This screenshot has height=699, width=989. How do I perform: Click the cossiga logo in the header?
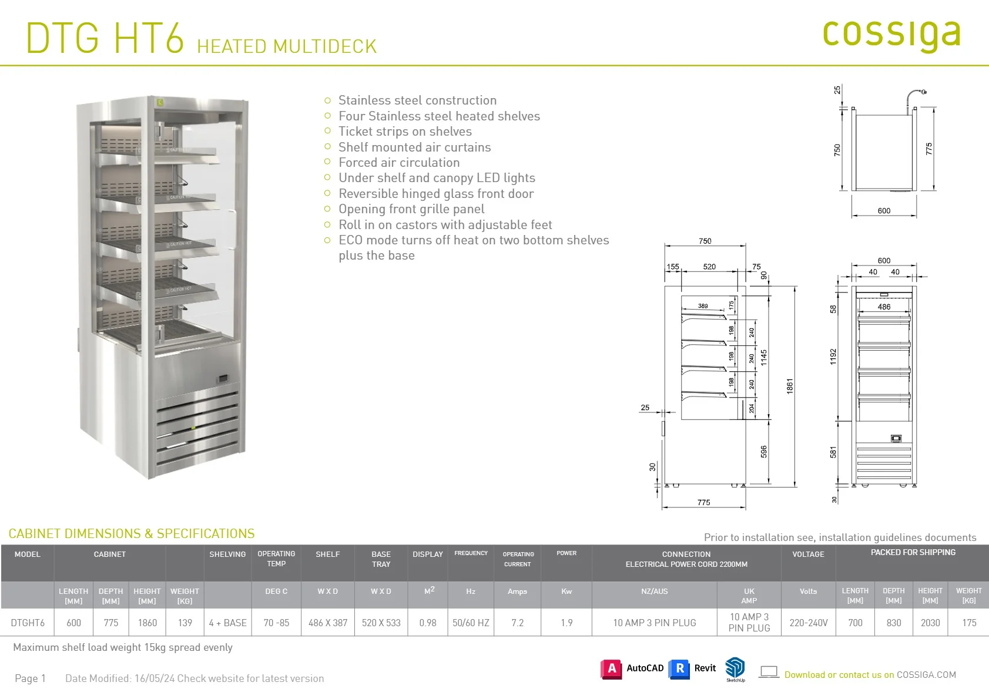coord(891,35)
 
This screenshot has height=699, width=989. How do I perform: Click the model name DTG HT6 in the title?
coord(105,38)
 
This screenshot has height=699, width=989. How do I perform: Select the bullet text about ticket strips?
coord(405,132)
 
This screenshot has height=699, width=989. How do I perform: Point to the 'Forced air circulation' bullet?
coord(398,162)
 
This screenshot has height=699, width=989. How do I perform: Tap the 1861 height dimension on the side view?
coord(789,386)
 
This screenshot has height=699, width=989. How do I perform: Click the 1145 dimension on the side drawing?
coord(763,358)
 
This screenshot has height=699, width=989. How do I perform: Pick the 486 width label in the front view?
coord(884,307)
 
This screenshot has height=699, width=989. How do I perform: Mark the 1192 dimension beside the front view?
coord(833,357)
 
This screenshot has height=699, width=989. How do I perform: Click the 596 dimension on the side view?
coord(763,452)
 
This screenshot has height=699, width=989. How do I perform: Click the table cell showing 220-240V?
coord(809,623)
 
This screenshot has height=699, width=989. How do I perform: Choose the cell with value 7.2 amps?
coord(517,623)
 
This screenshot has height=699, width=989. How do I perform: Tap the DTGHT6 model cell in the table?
coord(28,623)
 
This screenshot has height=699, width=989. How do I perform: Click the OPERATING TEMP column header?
coord(276,559)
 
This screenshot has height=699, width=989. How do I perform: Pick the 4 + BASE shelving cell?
coord(227,623)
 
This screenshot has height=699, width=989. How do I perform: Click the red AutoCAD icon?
coord(611,669)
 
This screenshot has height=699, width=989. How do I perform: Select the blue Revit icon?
coord(679,669)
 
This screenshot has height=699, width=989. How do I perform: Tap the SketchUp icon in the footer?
coord(735,669)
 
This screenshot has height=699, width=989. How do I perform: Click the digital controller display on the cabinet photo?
coord(223,378)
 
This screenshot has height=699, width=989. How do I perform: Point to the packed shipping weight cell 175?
coord(968,623)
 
